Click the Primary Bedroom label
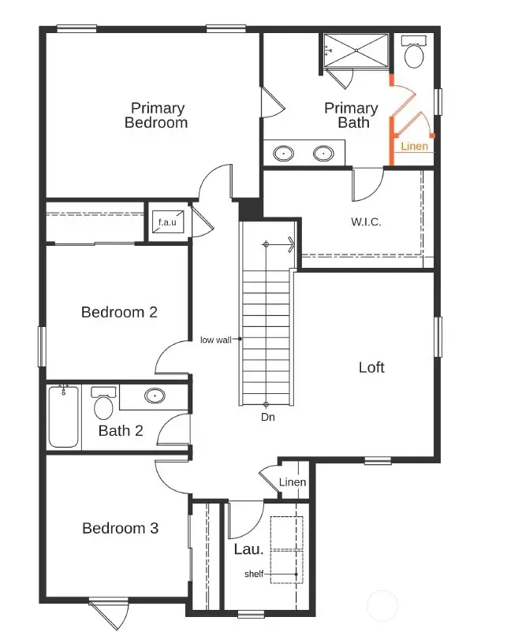(158, 115)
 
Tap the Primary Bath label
(352, 115)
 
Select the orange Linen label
(415, 147)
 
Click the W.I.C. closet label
(366, 222)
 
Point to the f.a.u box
(166, 223)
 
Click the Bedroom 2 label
(119, 312)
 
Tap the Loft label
(371, 367)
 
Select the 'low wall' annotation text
(215, 340)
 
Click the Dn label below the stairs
(268, 417)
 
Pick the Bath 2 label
(120, 431)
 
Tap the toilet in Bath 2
(103, 404)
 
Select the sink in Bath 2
(155, 396)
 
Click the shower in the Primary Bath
(356, 51)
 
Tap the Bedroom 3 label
(120, 528)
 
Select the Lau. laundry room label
(248, 549)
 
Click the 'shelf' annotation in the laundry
(254, 574)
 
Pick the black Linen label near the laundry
(293, 482)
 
